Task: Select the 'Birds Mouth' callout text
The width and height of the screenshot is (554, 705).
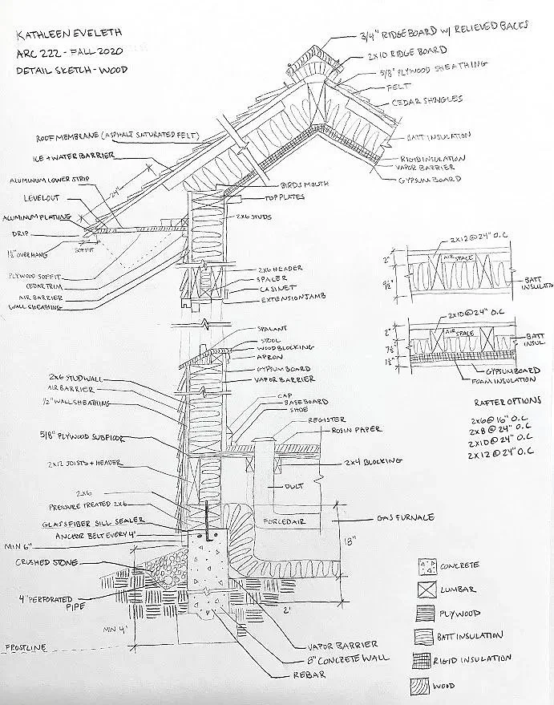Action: click(305, 184)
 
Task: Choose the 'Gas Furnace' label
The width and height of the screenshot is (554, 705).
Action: click(405, 517)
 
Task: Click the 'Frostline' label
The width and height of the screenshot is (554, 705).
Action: click(26, 646)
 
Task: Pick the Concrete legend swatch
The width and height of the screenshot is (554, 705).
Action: click(426, 567)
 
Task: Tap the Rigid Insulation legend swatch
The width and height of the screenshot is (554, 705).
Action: click(426, 658)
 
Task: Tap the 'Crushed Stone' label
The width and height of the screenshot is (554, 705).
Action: click(46, 563)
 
